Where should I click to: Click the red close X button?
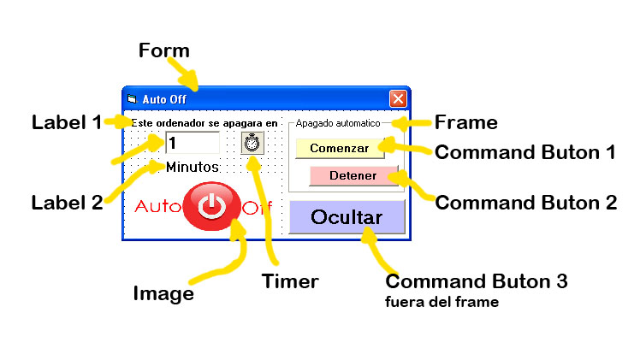[x=398, y=98]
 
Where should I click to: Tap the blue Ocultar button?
[x=347, y=217]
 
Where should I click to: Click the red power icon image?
[x=210, y=207]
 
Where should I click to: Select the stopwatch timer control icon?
[x=252, y=143]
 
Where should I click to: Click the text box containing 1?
[x=192, y=143]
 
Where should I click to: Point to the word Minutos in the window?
[x=193, y=166]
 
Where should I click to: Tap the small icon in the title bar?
[x=133, y=99]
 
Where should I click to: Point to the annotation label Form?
[x=163, y=50]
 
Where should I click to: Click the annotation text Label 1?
[x=66, y=121]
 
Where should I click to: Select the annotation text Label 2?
[x=67, y=203]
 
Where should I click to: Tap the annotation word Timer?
[x=290, y=280]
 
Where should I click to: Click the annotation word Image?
[x=163, y=293]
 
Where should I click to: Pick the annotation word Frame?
[x=466, y=122]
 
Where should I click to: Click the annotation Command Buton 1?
[x=525, y=153]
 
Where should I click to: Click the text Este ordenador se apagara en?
[x=205, y=123]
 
